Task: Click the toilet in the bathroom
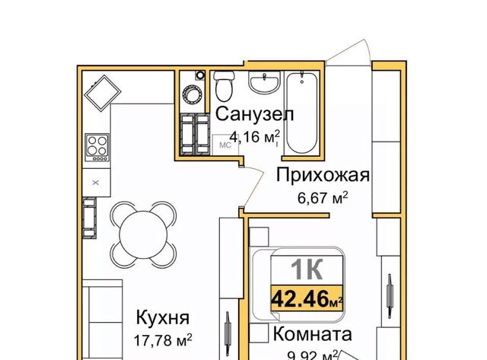click(x=224, y=86)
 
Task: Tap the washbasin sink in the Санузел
click(x=264, y=81)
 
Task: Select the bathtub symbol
click(x=302, y=113)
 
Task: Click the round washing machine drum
click(x=192, y=94)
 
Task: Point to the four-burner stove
click(x=97, y=147)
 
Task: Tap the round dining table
click(x=144, y=234)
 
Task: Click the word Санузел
click(x=254, y=114)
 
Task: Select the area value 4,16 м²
click(x=255, y=137)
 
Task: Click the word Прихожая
click(x=323, y=175)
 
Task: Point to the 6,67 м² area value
click(x=323, y=198)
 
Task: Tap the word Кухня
click(x=163, y=317)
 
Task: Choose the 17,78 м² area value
click(x=162, y=340)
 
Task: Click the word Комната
click(x=312, y=334)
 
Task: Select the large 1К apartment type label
click(x=307, y=269)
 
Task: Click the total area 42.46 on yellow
click(x=300, y=298)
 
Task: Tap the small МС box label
click(x=225, y=145)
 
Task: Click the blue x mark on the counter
click(x=96, y=183)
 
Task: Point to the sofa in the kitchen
click(x=102, y=320)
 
